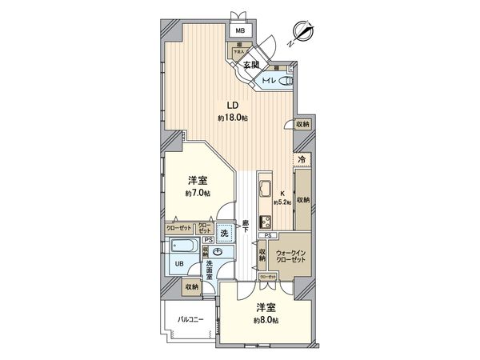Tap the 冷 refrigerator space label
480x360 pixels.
point(302,160)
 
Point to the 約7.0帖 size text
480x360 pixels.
point(198,194)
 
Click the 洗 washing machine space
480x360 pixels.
point(226,233)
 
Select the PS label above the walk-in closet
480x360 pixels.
point(270,236)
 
